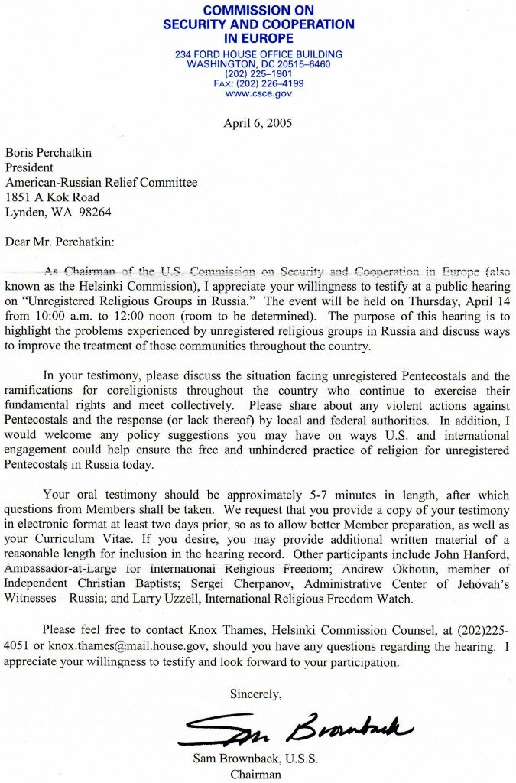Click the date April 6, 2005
tap(258, 123)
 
